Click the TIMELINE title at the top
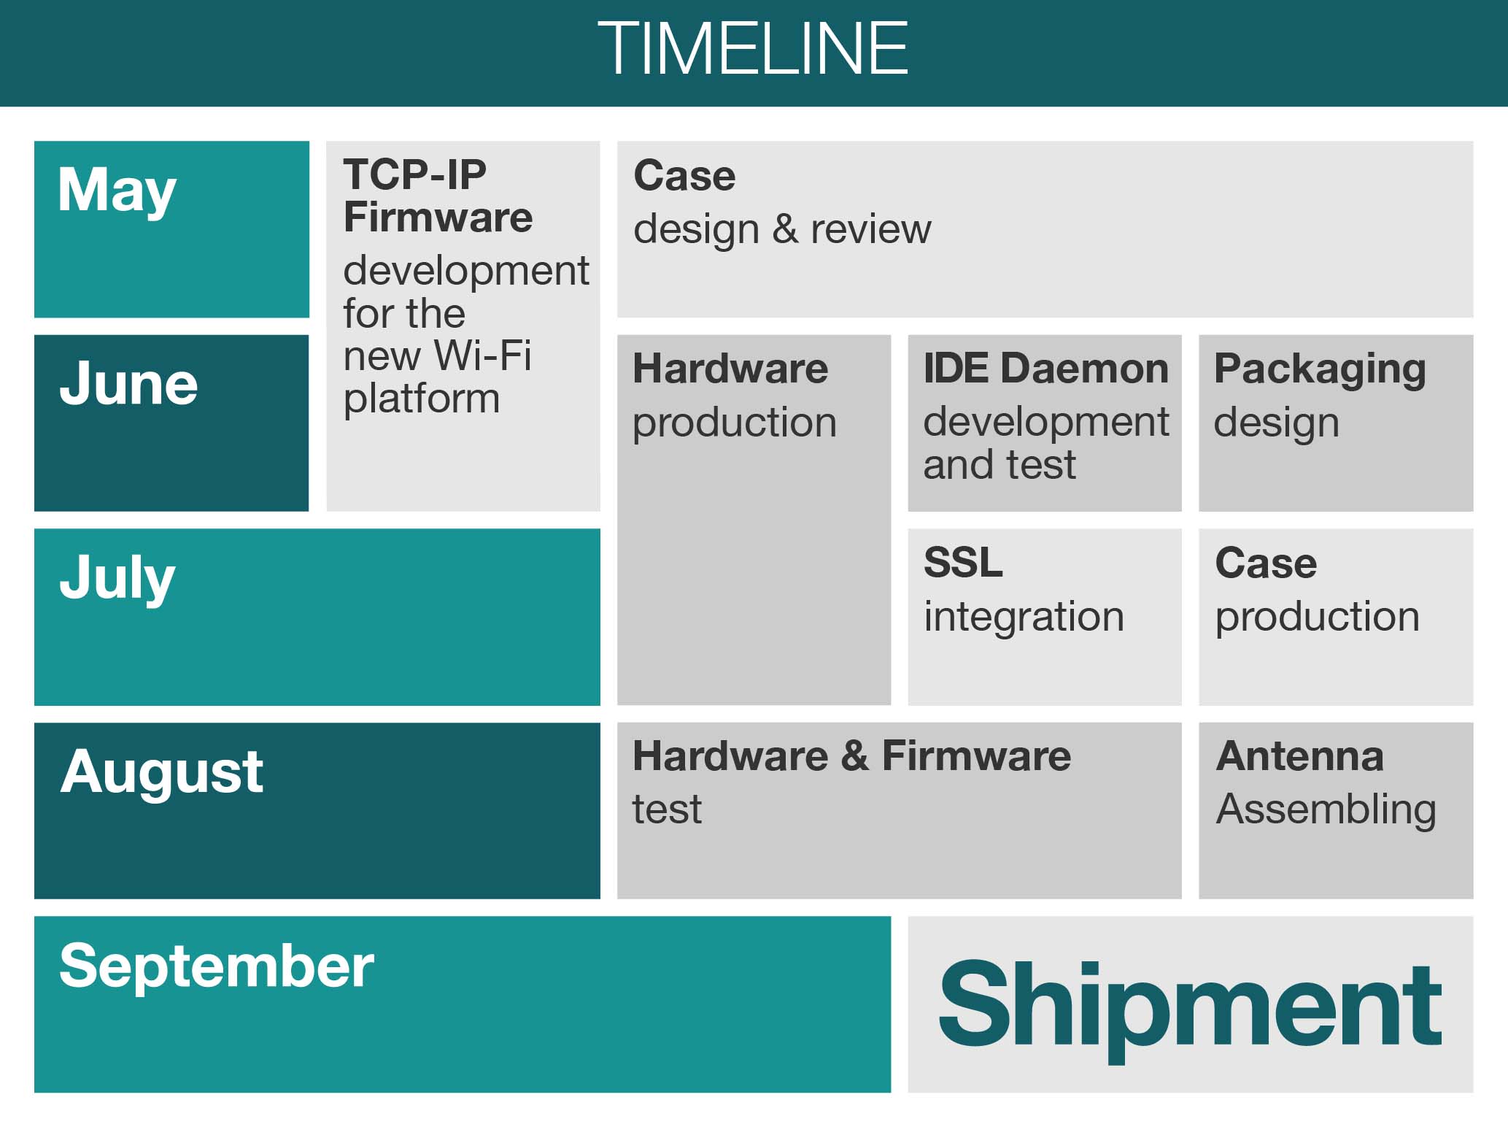753,48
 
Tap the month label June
128,384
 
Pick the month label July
117,578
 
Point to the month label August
161,772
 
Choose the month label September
217,966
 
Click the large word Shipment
1190,1005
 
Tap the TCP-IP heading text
414,175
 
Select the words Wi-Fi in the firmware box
482,355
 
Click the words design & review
782,229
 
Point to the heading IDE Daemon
1045,369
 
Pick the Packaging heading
1320,369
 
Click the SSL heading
963,563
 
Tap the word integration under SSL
1024,617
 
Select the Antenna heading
1299,756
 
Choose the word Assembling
1326,810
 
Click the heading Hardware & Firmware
851,756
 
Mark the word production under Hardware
734,423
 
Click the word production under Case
1317,618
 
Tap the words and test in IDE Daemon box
999,465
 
